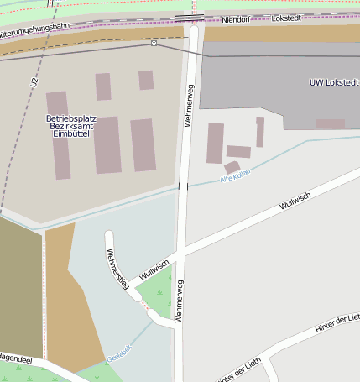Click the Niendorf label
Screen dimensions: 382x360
[238, 18]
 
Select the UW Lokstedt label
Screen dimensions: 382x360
[334, 82]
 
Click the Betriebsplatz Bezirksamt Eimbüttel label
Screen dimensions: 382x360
[71, 126]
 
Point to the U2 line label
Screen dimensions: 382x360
[34, 82]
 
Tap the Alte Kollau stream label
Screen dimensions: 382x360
[236, 178]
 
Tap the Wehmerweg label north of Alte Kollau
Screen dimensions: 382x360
[190, 105]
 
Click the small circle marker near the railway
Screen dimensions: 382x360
[154, 43]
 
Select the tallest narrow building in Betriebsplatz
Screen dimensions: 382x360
[59, 135]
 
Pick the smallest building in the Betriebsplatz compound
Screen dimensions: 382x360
[146, 80]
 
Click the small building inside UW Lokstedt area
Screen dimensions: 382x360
[329, 123]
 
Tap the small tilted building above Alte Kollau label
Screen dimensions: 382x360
[232, 167]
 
